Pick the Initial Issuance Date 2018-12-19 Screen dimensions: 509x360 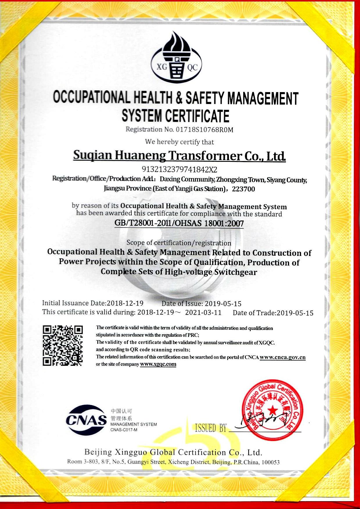point(125,303)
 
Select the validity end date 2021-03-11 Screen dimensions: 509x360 point(203,313)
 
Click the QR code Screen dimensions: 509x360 point(63,345)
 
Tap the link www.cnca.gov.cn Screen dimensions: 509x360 point(282,357)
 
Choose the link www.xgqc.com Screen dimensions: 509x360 point(158,364)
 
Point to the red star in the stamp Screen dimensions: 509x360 point(272,410)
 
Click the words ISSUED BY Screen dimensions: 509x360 point(211,428)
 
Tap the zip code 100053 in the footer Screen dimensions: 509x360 point(271,462)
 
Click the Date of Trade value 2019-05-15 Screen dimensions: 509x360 point(295,313)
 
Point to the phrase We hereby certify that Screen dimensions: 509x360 point(179,142)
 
